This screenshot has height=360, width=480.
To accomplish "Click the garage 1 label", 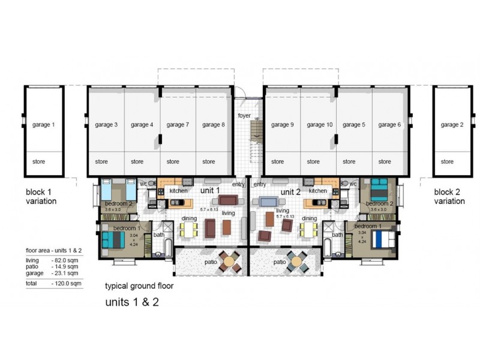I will point(43,125).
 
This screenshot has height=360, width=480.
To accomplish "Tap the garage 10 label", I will point(319,125).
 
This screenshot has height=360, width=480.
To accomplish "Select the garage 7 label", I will point(178,125).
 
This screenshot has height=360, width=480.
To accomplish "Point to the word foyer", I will point(244,115).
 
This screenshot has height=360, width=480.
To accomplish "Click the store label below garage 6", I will point(385,161).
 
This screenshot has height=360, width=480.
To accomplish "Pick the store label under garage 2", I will point(447,161).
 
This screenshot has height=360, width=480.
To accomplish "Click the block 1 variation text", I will point(41,197).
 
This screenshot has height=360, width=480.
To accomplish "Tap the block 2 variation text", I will point(449,197).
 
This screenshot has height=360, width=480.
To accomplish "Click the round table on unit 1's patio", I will point(230,261).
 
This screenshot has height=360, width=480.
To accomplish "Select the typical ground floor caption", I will point(139,286).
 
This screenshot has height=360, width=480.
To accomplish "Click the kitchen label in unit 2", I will point(317,191).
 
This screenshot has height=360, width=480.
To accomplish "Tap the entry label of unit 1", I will point(238,184).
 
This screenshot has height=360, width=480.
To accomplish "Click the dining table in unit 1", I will point(190,230).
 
